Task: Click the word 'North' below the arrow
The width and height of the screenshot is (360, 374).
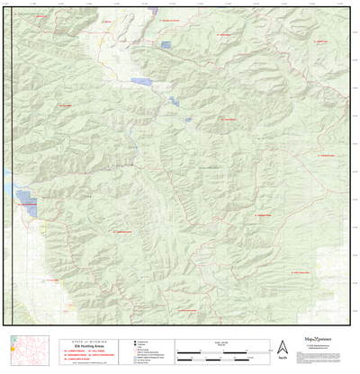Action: point(283,358)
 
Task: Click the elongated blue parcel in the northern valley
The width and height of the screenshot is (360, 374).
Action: point(142,81)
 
